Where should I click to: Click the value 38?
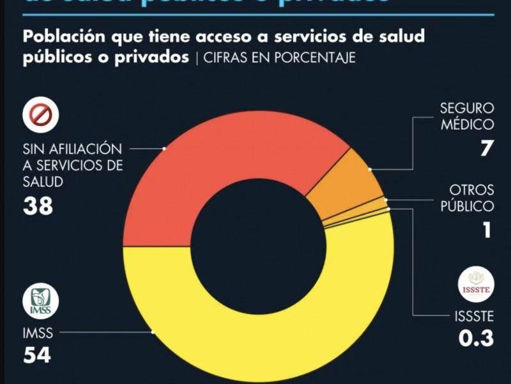pos(38,206)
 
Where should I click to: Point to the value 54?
pos(38,356)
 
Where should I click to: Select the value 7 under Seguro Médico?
pos(486,148)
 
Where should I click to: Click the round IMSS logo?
pos(41,301)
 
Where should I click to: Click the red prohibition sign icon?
pos(41,115)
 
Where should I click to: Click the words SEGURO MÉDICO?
pos(467,115)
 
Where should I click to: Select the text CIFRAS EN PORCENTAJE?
pos(280,58)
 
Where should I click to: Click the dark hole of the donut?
pos(258,250)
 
